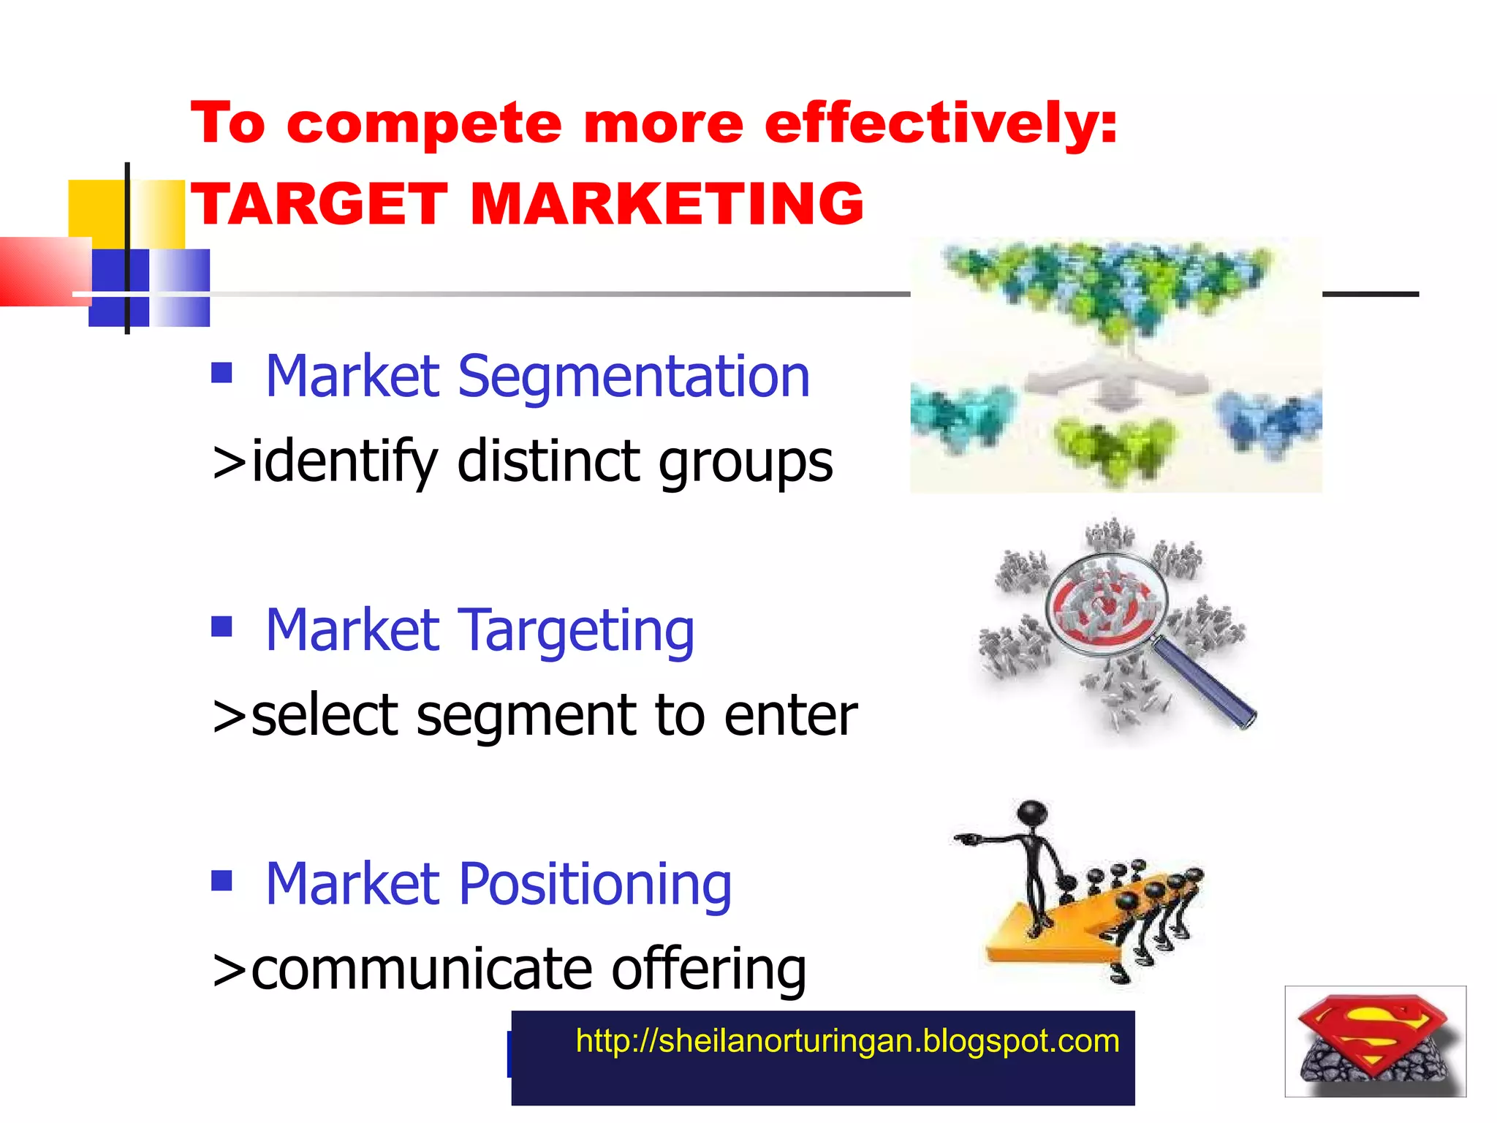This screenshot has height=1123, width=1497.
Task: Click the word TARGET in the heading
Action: tap(319, 204)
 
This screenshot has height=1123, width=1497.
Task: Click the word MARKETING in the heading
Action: tap(667, 204)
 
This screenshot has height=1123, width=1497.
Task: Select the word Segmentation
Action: tap(633, 377)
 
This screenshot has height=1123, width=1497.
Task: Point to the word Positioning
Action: tap(595, 885)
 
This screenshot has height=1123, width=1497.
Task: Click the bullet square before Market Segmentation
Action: tap(221, 373)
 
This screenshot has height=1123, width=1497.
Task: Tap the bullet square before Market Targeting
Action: tap(221, 627)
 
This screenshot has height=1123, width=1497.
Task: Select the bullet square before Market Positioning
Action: tap(221, 880)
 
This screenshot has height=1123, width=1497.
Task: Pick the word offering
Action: tap(708, 969)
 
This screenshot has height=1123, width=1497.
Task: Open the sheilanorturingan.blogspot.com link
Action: tap(847, 1041)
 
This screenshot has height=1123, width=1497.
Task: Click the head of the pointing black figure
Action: tap(1033, 813)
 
